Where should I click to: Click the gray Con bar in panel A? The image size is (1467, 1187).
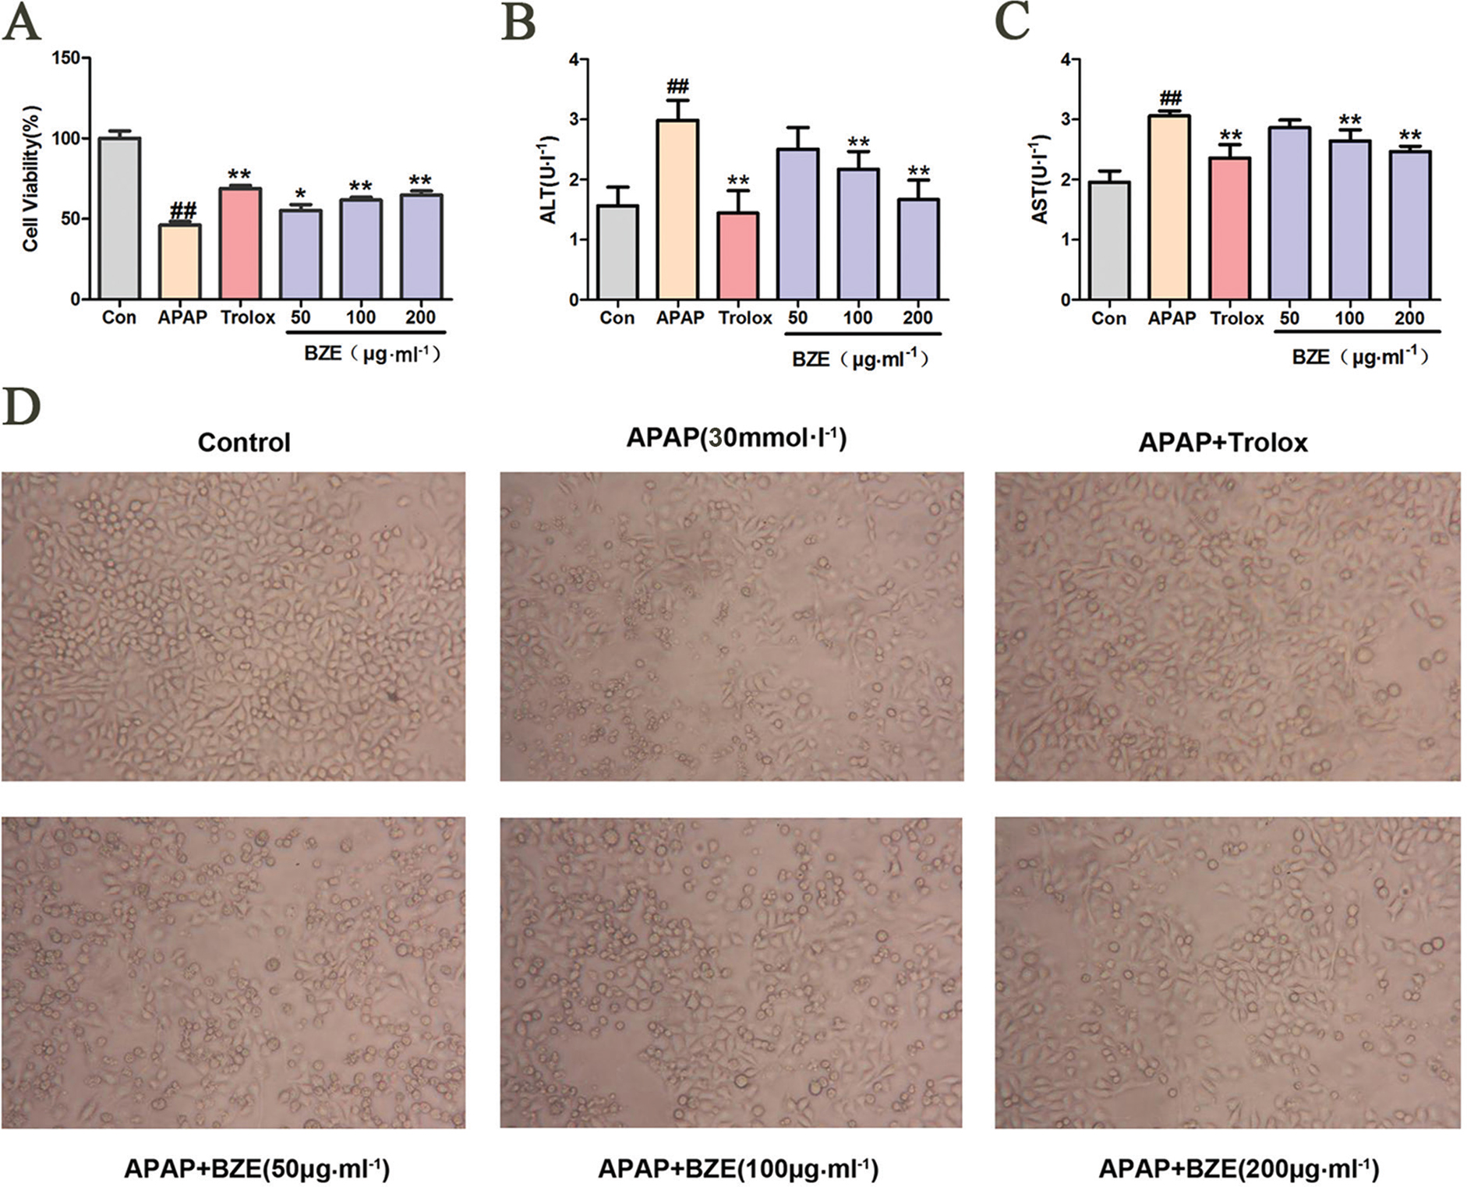119,218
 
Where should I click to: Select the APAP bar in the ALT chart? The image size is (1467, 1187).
677,210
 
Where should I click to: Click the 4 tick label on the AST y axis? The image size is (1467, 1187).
1064,59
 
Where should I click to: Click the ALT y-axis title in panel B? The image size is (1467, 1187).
548,180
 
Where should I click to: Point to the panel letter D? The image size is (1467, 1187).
21,407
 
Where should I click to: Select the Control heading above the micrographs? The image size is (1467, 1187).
244,443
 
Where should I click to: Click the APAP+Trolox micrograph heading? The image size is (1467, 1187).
1223,443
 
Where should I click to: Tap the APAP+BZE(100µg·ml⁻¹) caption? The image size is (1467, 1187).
737,1168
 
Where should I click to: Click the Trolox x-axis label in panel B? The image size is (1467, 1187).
745,318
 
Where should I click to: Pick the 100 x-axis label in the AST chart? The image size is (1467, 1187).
1349,318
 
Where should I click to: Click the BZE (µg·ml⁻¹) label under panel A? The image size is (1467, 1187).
372,354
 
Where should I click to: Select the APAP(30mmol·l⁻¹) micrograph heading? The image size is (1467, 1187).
736,438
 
